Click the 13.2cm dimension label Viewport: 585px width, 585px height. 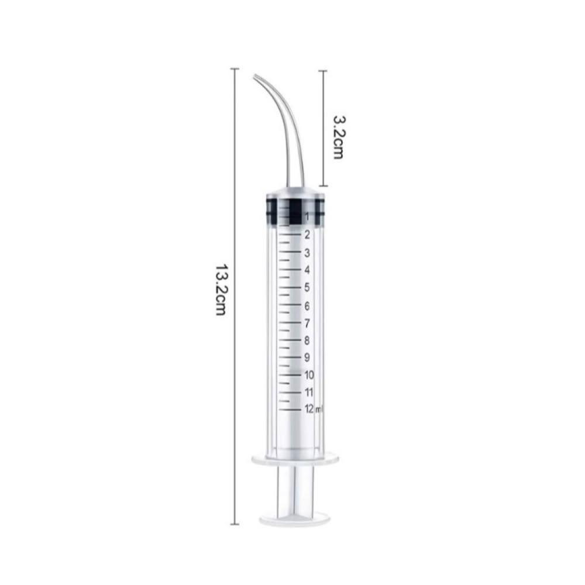coord(221,290)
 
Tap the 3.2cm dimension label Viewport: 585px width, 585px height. coord(338,137)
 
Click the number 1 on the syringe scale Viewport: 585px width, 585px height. coord(307,216)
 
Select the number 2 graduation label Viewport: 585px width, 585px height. coord(307,235)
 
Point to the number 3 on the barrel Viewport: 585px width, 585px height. coord(307,253)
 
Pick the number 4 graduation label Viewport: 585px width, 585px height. coord(307,270)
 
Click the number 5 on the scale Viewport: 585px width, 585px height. coord(307,287)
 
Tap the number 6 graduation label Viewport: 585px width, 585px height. coord(307,306)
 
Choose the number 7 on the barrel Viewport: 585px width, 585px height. coord(307,323)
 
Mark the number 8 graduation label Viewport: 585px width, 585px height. coord(307,340)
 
